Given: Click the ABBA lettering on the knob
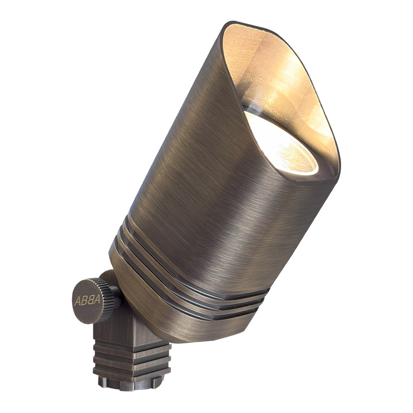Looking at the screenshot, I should [87, 300].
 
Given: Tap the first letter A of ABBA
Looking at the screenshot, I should [77, 300].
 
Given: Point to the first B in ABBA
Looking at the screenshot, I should [83, 300].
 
